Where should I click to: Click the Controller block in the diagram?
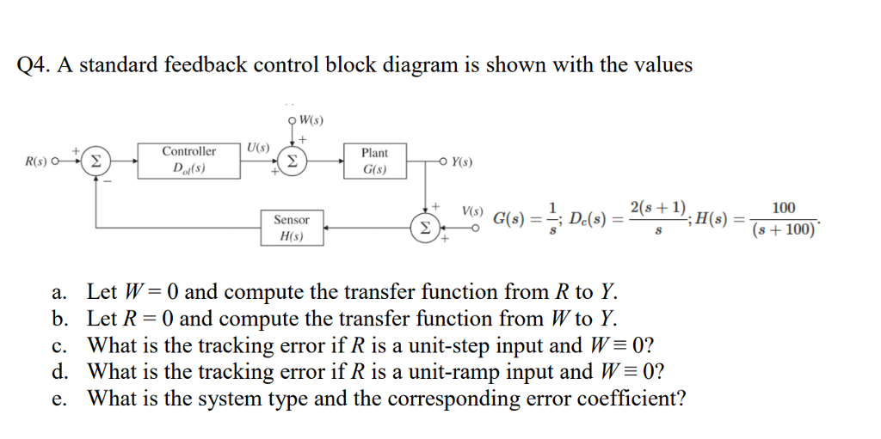188,159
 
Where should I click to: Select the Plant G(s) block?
374,161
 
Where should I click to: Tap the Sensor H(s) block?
292,227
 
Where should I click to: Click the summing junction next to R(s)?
95,161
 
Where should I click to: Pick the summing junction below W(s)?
293,161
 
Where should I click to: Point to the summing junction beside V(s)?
424,228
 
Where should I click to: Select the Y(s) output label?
461,162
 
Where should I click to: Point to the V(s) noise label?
472,210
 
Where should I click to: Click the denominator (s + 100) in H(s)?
783,231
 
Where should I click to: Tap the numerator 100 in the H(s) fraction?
783,208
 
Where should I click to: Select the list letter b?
59,320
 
